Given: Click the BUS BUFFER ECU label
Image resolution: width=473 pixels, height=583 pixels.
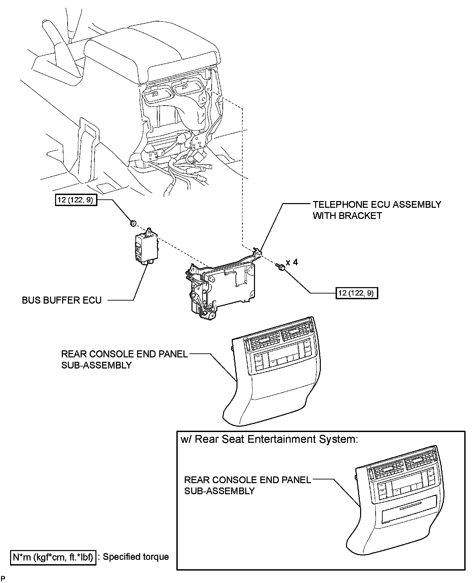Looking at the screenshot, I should click(x=61, y=300).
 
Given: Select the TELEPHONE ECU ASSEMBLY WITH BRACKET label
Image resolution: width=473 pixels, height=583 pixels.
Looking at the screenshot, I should click(x=377, y=210).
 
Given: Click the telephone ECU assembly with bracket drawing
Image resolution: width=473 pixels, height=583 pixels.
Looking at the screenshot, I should click(x=220, y=286).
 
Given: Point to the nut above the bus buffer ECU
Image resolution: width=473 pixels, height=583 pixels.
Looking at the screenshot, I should click(x=132, y=222).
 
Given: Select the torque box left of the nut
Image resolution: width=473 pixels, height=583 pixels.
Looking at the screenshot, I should click(x=76, y=200).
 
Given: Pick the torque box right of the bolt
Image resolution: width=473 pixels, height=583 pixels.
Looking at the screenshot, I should click(x=357, y=293).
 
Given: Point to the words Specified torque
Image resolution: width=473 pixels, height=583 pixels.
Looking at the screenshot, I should click(x=136, y=557).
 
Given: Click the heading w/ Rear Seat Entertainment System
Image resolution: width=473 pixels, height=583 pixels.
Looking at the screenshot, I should click(x=269, y=439).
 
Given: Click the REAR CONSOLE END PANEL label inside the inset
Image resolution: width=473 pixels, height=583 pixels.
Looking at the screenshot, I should click(x=248, y=485).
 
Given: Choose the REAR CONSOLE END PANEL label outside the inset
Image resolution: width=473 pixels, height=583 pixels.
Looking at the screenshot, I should click(x=124, y=359).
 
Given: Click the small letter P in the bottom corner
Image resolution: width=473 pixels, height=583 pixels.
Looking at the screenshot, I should click(x=3, y=578).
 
